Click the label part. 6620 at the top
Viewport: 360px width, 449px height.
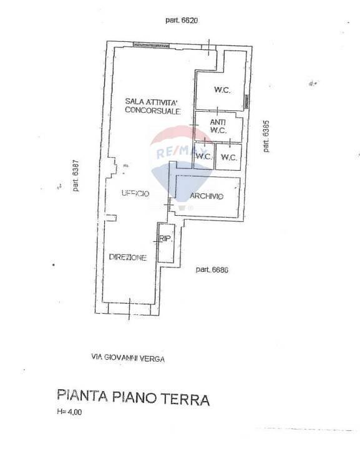[x=182, y=21]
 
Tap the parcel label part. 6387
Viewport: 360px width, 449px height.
[x=75, y=176]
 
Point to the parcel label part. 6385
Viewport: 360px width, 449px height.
[x=266, y=136]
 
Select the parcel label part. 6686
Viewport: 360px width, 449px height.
[x=212, y=269]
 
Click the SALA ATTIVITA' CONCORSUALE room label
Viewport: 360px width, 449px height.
[x=152, y=105]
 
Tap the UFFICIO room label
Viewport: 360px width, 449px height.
[x=135, y=194]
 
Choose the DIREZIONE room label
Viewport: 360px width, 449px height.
[x=128, y=258]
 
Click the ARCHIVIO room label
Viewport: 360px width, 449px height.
[x=207, y=196]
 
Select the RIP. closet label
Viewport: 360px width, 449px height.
[x=166, y=239]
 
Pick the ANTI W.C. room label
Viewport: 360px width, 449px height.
[x=216, y=126]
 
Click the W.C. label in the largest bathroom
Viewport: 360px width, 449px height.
[x=222, y=90]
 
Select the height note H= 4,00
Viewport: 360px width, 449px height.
[x=69, y=412]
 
